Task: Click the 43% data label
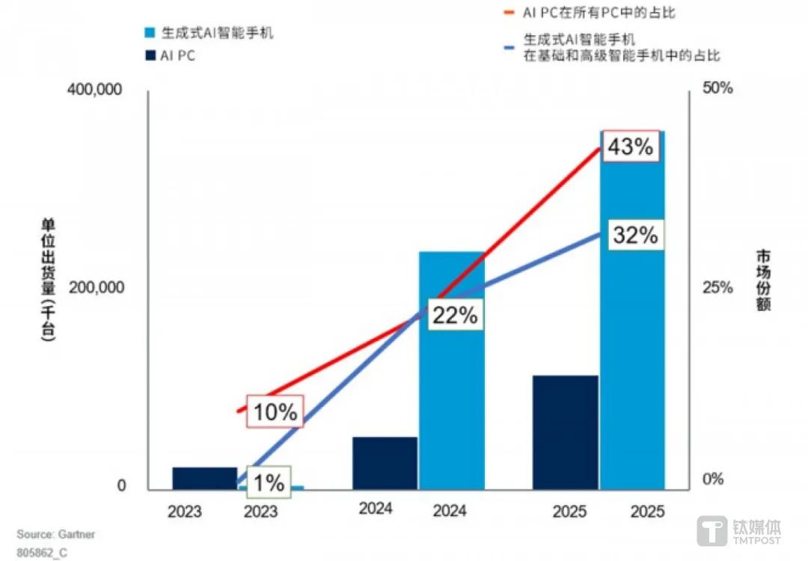[631, 146]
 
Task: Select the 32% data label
[635, 235]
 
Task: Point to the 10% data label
[275, 411]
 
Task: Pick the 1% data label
[267, 482]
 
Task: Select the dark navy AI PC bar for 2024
[385, 463]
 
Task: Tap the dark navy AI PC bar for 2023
[204, 478]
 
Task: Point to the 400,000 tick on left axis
[95, 89]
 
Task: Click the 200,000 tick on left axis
[95, 288]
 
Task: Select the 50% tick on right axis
[717, 89]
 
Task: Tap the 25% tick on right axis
[717, 288]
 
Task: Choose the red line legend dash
[509, 13]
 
